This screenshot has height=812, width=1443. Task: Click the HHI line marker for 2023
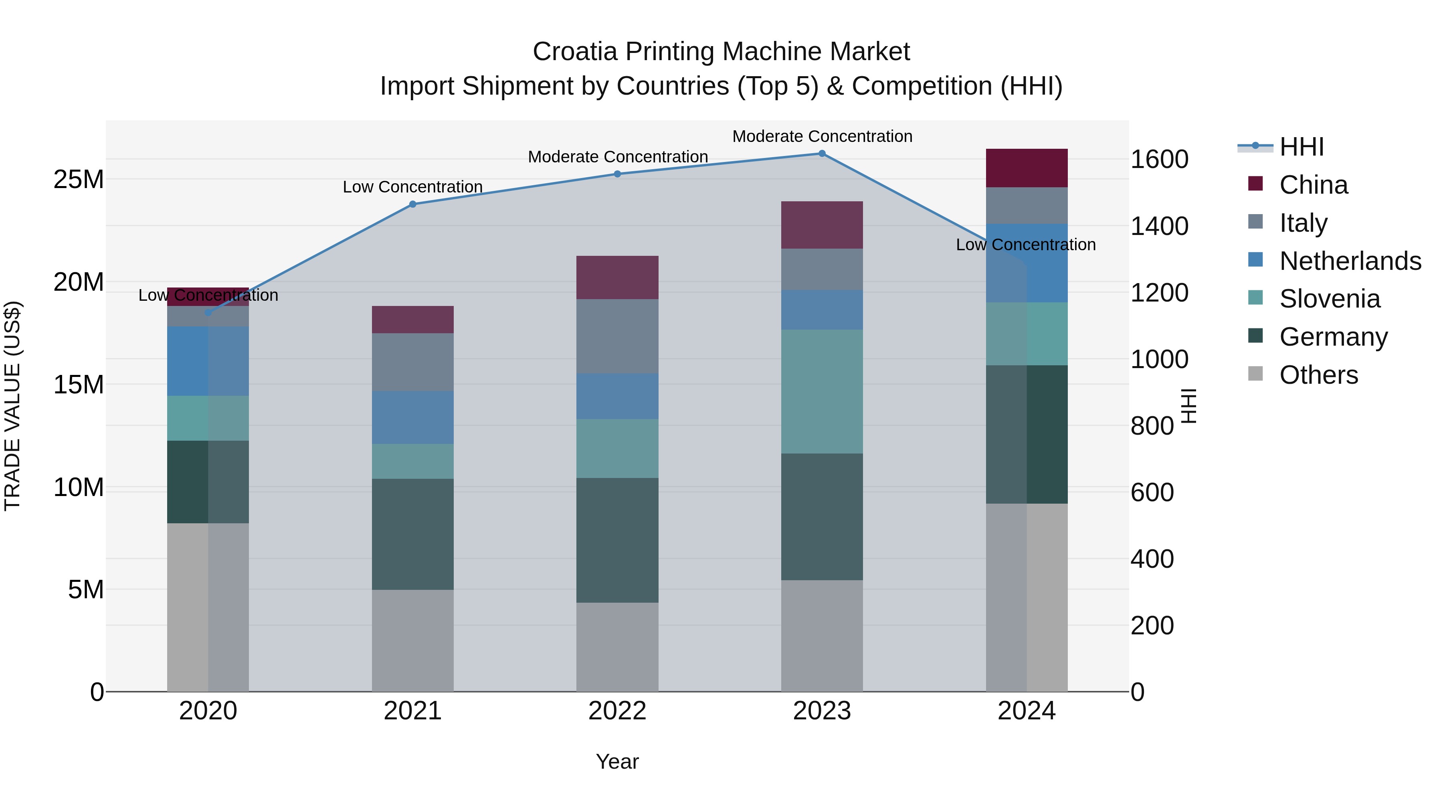click(x=822, y=154)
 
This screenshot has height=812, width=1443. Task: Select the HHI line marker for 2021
click(x=413, y=204)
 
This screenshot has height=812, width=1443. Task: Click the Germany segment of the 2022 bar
click(x=617, y=540)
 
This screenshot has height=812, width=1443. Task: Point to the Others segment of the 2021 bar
click(x=413, y=640)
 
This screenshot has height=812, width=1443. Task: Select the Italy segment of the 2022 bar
click(x=617, y=336)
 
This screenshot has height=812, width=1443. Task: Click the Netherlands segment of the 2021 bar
click(x=413, y=417)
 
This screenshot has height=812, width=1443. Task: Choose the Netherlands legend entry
click(x=1350, y=261)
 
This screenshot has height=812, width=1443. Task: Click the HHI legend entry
click(x=1301, y=147)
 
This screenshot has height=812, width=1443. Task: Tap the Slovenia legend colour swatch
click(x=1255, y=298)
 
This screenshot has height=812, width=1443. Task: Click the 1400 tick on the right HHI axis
click(x=1159, y=227)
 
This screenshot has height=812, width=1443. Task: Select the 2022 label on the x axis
click(x=617, y=711)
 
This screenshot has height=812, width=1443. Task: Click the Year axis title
click(x=617, y=761)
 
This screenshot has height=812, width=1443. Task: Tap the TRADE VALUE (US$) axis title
click(x=13, y=406)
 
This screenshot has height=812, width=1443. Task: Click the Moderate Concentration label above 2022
click(x=618, y=157)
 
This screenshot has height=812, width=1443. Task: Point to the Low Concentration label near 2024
click(x=1026, y=245)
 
